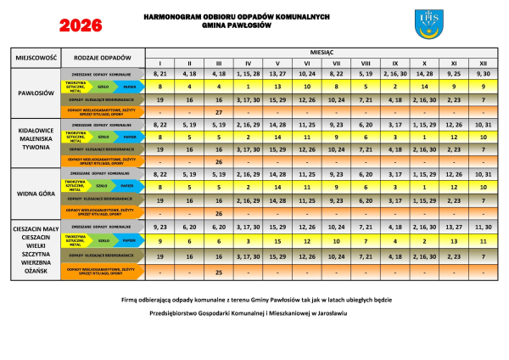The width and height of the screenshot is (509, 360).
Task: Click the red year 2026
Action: pos(82,25)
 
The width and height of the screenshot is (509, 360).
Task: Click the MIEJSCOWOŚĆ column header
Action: pos(35,57)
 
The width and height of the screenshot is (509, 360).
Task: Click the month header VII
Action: pos(337,64)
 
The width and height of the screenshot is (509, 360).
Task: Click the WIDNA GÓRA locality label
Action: pos(35,193)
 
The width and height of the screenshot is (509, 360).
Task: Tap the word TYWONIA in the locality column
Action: pos(35,147)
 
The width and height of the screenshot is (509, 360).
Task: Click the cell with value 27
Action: pos(219,112)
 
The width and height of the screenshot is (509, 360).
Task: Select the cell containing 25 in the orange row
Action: pos(219,273)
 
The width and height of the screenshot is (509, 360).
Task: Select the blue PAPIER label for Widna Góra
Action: pos(127,186)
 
